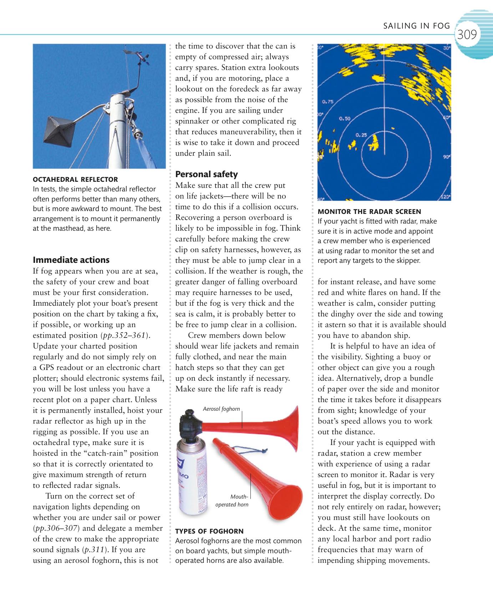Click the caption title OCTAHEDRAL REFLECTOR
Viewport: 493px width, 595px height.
(75, 179)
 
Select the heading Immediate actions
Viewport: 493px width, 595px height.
(71, 260)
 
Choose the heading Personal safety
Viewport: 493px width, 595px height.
(206, 174)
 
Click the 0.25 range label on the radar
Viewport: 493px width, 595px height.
(361, 135)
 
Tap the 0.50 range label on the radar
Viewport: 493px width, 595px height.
(344, 118)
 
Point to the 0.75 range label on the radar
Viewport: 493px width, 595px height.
(327, 101)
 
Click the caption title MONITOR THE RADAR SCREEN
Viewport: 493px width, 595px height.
(369, 211)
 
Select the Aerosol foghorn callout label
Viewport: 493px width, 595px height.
(221, 409)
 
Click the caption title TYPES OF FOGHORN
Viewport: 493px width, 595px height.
(209, 531)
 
